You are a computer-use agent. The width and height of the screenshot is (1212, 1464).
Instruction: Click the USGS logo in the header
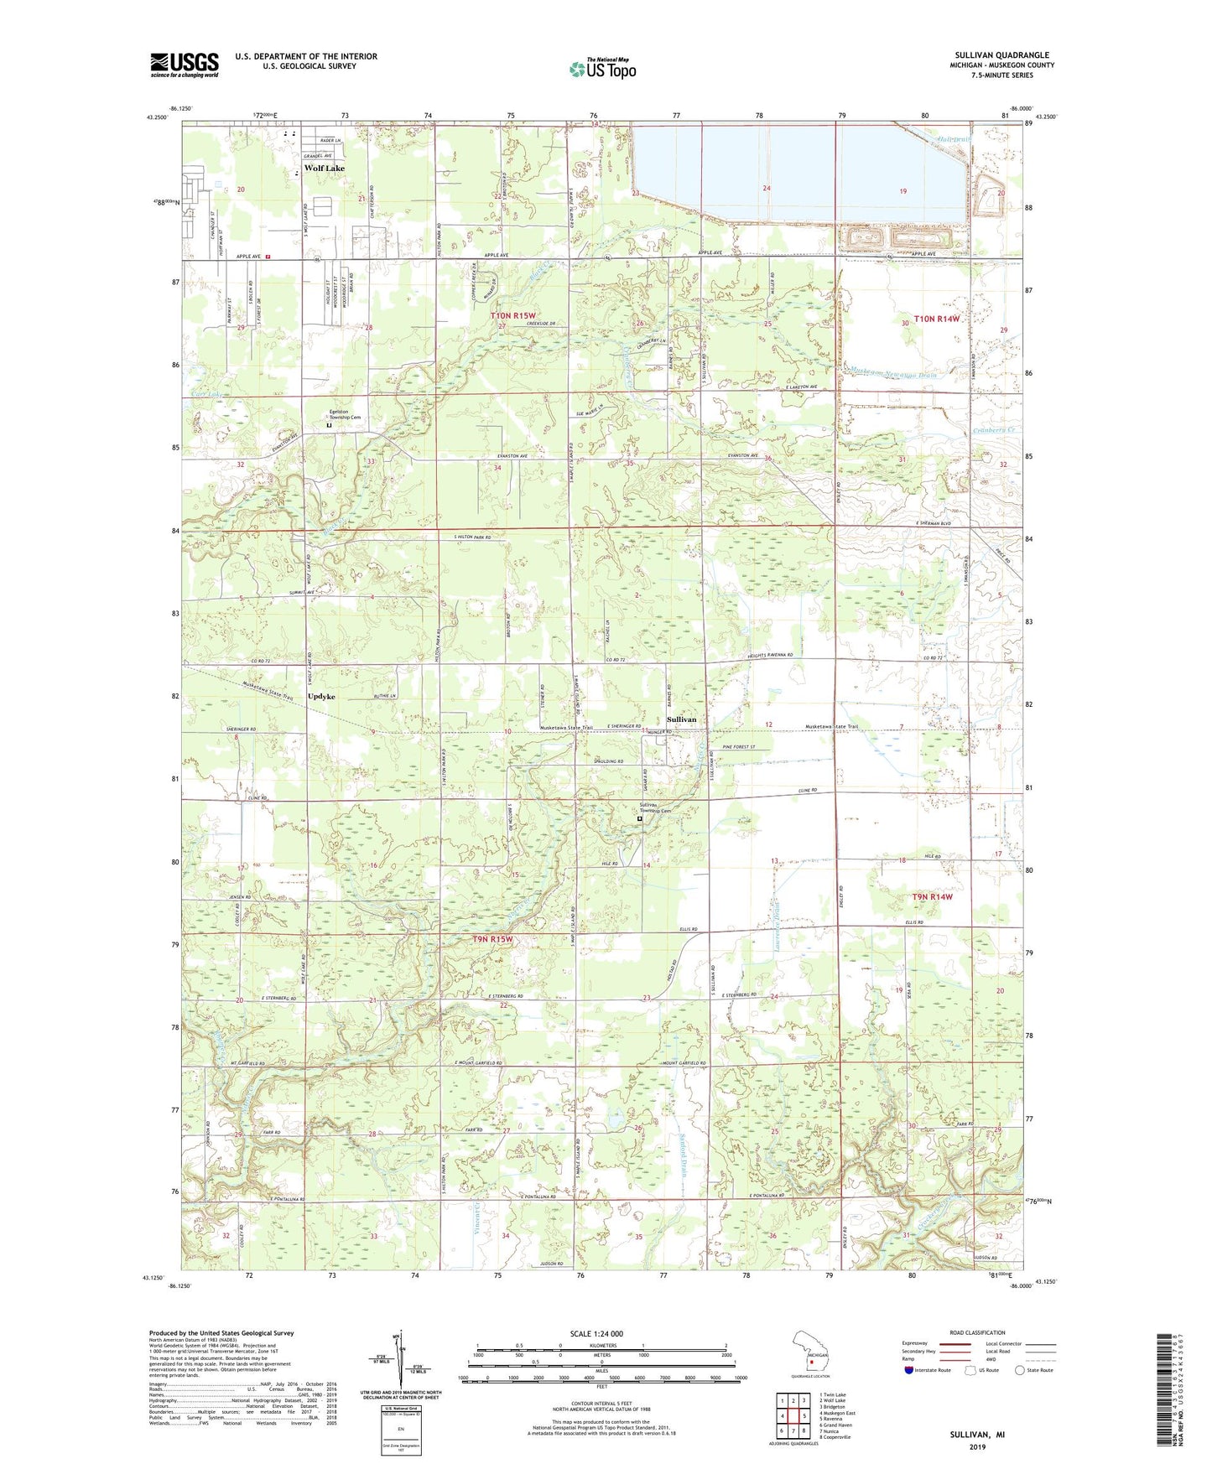click(185, 65)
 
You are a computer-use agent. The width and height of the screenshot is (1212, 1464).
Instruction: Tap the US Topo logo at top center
click(601, 69)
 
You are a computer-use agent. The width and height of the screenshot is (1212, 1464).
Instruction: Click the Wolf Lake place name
click(324, 169)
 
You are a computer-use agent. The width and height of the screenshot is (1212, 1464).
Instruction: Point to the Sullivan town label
click(681, 719)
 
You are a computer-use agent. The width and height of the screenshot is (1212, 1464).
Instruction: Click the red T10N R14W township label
click(936, 319)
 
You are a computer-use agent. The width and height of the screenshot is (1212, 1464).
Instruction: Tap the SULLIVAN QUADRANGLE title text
click(1001, 55)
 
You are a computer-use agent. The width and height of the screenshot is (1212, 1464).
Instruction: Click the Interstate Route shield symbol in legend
click(908, 1370)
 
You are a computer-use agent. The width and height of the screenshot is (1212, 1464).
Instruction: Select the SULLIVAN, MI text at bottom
click(977, 1435)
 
